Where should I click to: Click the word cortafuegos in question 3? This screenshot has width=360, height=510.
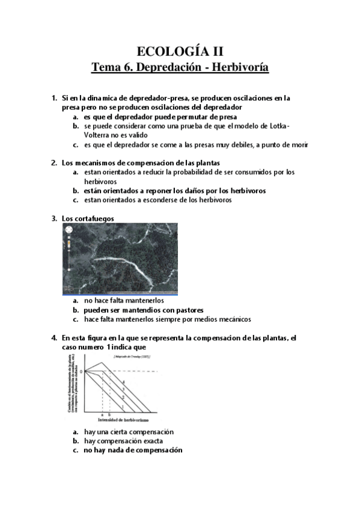click(94, 218)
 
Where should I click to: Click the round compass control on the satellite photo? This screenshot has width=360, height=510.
click(68, 230)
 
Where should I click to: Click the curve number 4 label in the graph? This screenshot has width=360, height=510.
click(124, 383)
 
